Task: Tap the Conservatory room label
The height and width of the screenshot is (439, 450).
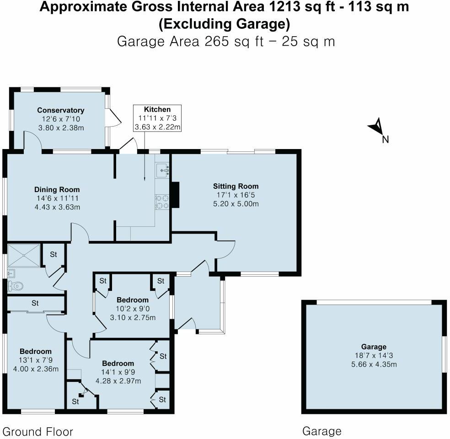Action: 60,110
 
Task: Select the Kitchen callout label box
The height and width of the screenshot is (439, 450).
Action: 157,118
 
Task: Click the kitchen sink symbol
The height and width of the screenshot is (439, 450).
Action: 162,171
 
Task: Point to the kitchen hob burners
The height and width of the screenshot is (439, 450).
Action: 162,202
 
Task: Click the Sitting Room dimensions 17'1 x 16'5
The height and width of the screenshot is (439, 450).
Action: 236,195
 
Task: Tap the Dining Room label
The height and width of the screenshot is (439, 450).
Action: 57,189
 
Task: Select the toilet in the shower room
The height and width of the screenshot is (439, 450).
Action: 15,286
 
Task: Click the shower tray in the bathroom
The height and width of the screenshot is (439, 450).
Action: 24,255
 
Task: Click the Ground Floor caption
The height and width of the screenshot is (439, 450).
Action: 38,431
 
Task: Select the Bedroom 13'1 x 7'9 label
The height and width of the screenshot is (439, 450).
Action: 35,351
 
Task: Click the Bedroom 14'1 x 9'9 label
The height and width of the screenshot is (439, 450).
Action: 118,363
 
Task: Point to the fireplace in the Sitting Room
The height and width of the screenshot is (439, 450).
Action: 175,196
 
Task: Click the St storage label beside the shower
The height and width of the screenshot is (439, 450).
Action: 53,254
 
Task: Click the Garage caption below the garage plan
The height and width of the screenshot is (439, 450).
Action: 321,431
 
